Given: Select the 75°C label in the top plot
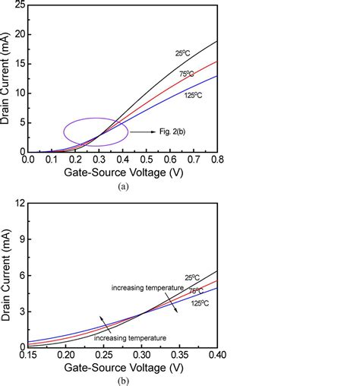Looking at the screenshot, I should [x=188, y=74].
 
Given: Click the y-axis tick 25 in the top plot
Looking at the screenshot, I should [x=18, y=5].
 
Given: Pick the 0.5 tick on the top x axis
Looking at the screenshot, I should [x=147, y=160].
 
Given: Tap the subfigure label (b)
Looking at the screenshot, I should [x=123, y=378].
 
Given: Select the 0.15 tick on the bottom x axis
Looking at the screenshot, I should [x=27, y=355].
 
